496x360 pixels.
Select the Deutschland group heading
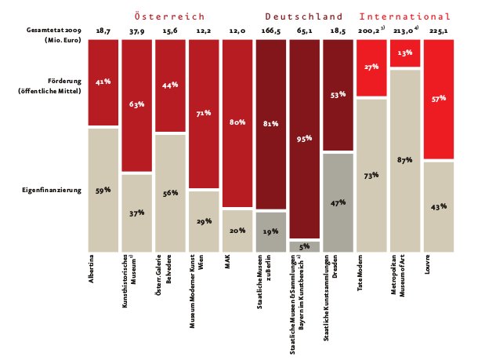click(303, 16)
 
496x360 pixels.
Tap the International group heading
click(405, 16)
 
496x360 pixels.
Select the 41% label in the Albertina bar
click(103, 81)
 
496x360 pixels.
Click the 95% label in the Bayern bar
click(304, 138)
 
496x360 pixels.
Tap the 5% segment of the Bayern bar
click(304, 246)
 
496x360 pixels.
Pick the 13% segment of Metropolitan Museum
click(404, 53)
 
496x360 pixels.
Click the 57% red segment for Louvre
click(438, 99)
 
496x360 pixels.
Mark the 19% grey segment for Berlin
click(270, 231)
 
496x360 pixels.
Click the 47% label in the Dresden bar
click(338, 202)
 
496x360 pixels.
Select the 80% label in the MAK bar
click(237, 122)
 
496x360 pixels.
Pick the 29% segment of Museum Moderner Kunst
click(204, 221)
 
